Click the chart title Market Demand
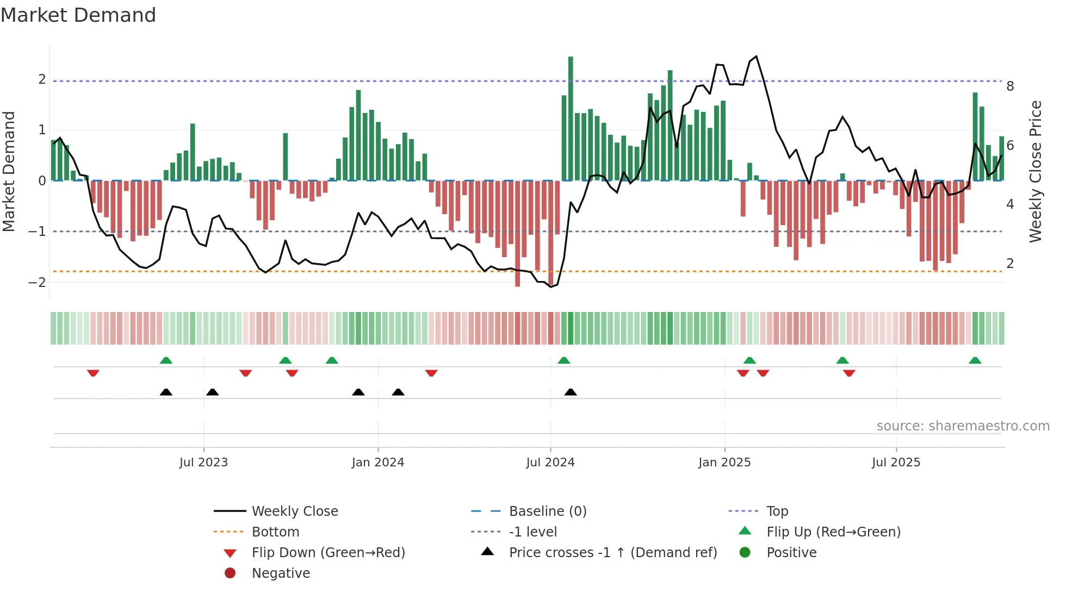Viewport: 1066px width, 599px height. [78, 15]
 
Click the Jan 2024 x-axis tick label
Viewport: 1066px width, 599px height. [377, 463]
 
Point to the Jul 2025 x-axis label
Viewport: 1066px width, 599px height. [896, 463]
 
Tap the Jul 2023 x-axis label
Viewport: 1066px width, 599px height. [203, 463]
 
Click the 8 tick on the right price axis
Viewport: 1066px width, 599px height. [1010, 86]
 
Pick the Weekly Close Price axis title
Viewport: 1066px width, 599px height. [1036, 171]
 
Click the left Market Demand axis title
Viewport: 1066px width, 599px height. [9, 171]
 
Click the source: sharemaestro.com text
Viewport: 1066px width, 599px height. [963, 426]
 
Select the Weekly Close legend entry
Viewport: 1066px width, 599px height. [294, 511]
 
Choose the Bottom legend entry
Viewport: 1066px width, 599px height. [275, 532]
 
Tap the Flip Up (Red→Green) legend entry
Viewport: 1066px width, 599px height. [833, 532]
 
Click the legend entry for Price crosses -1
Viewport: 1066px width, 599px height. [612, 553]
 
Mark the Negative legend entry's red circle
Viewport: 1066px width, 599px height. [230, 573]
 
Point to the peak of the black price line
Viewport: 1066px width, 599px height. [756, 57]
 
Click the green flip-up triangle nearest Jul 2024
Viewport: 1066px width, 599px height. [564, 360]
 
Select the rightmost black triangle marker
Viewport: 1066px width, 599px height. [571, 392]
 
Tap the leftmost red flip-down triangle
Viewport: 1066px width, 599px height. [93, 373]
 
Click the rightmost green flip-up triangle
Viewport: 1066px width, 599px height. [975, 360]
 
